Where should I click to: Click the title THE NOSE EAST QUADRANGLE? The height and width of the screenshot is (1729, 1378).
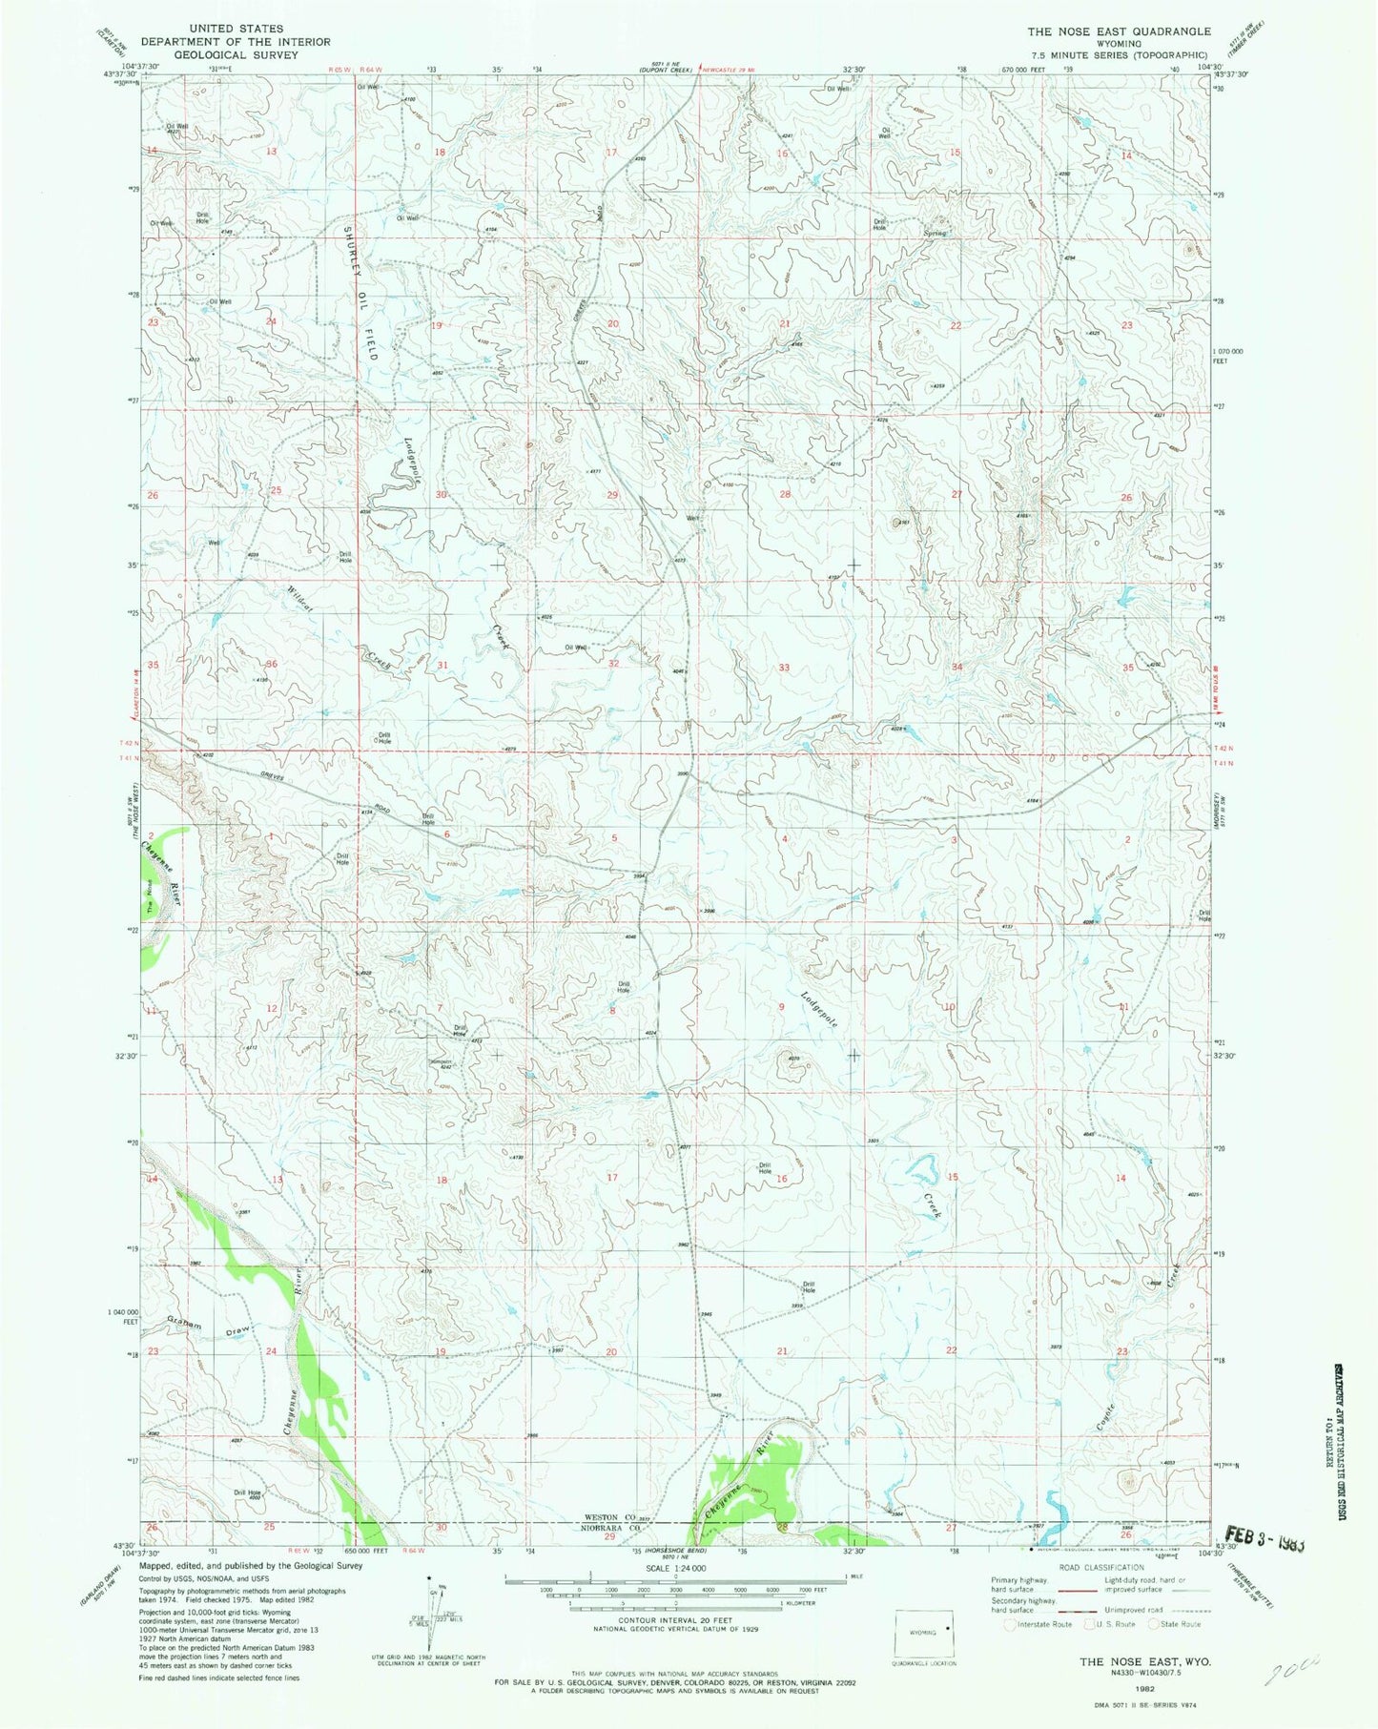click(x=1118, y=31)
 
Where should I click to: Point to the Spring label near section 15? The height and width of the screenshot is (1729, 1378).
click(x=935, y=233)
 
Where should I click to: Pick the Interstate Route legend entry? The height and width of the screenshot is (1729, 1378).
click(x=1045, y=1623)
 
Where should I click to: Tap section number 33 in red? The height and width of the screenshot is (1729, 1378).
click(x=784, y=668)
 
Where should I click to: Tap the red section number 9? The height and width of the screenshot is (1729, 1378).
click(x=781, y=1007)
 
